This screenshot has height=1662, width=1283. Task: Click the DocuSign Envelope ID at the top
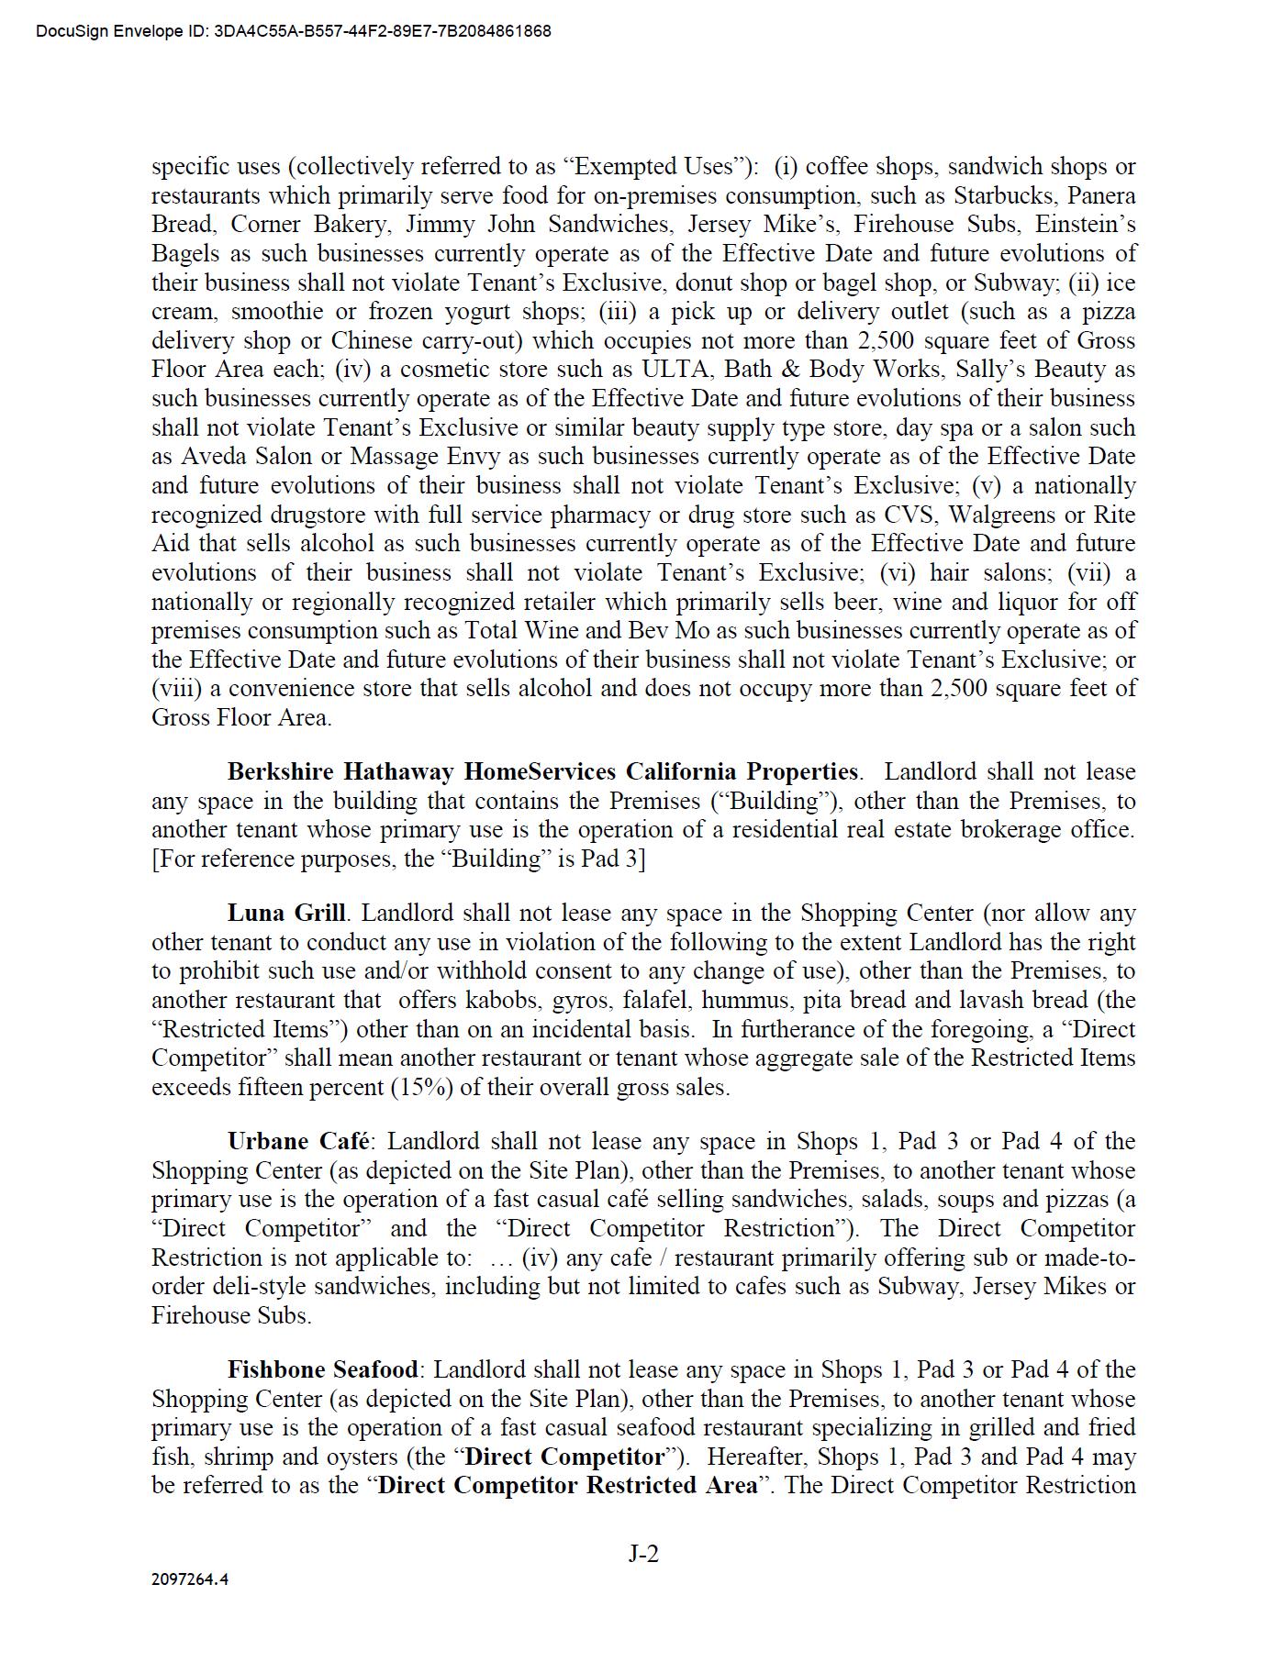click(294, 31)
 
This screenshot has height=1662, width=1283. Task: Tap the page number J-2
click(643, 1553)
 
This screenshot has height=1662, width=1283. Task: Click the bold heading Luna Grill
click(286, 914)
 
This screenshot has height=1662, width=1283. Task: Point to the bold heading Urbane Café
click(298, 1142)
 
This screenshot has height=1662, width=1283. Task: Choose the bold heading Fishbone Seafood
click(323, 1370)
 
